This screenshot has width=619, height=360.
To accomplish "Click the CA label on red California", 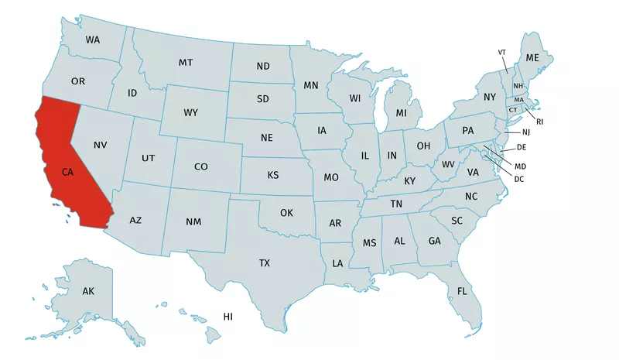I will [68, 172].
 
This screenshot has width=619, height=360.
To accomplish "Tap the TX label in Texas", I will [265, 263].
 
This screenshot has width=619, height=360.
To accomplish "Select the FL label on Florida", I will [462, 291].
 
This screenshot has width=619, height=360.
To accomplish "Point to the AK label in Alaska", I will [88, 291].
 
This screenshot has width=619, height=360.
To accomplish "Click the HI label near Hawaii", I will [228, 317].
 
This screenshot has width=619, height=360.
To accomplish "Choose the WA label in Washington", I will [93, 39].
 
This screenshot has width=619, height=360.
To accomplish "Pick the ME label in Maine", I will [532, 58].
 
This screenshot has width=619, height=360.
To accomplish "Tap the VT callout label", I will [501, 52].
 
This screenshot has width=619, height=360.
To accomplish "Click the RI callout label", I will [540, 122].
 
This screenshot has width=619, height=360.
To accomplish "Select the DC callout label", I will [519, 179].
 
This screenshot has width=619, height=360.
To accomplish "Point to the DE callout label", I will [522, 147].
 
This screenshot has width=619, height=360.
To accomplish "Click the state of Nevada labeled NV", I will [100, 145].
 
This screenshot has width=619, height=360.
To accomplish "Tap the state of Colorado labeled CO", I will [201, 166].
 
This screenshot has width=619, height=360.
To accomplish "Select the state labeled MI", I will [401, 113].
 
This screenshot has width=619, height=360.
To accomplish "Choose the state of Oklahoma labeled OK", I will [286, 212].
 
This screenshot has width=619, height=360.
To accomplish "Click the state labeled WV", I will [448, 164].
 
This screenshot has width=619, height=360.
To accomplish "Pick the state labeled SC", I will [457, 221].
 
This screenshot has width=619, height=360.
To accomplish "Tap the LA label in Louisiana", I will [337, 263].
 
